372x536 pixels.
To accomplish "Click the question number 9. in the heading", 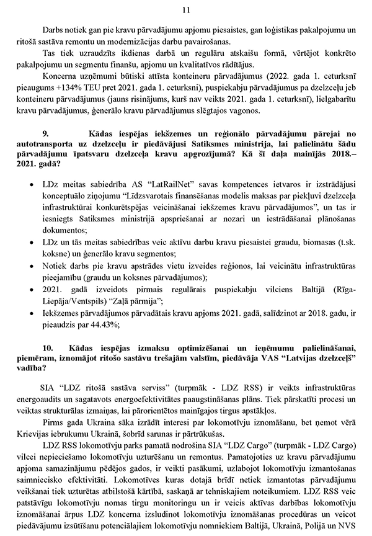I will [x=45, y=150].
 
